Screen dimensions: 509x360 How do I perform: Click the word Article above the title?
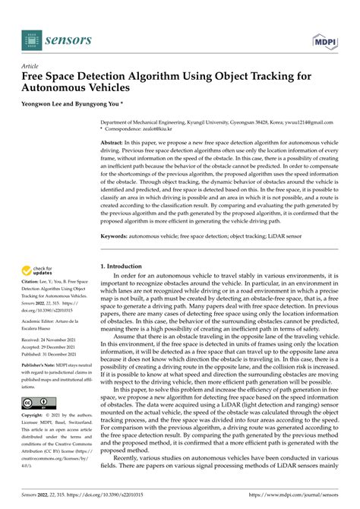(31, 67)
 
